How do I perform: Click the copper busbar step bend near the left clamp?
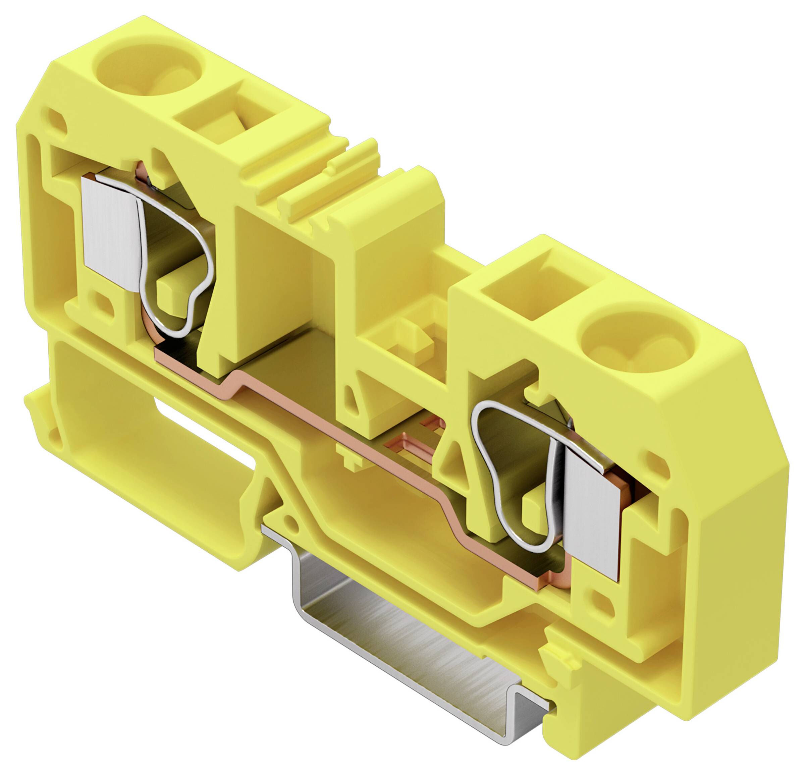pos(230,380)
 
